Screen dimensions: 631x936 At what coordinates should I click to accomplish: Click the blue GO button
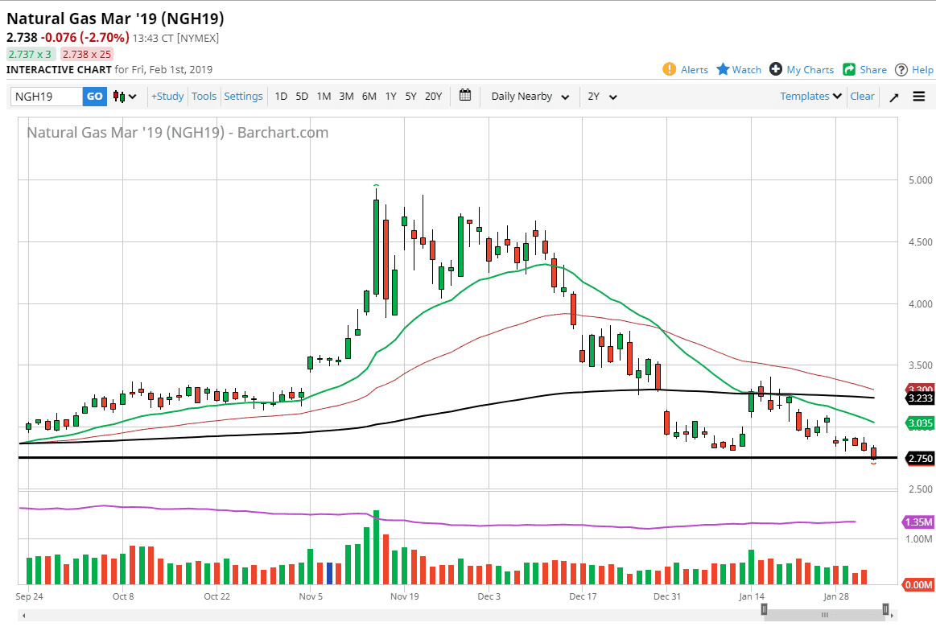click(x=94, y=97)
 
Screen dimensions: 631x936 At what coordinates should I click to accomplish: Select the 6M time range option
click(x=369, y=97)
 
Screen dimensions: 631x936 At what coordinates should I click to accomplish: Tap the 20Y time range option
click(x=433, y=97)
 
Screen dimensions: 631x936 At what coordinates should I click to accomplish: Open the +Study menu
click(x=167, y=97)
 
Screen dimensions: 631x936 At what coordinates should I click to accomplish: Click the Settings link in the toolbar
click(x=243, y=97)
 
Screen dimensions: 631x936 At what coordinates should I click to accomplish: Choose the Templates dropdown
click(x=810, y=97)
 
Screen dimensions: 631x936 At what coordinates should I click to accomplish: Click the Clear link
click(x=862, y=97)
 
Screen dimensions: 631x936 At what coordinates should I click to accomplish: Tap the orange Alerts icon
click(x=670, y=69)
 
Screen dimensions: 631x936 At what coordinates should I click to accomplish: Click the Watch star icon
click(x=723, y=69)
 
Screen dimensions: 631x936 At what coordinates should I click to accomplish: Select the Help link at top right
click(x=913, y=70)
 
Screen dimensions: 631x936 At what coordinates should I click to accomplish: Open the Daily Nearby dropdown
click(x=530, y=97)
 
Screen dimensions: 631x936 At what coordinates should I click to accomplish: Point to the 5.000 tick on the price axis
click(x=918, y=179)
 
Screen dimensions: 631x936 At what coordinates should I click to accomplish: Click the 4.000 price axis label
click(x=918, y=303)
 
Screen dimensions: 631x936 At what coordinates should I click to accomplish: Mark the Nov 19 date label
click(x=404, y=596)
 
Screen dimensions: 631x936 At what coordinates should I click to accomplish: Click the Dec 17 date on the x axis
click(x=582, y=596)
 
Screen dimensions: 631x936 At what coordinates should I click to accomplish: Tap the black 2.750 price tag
click(x=919, y=459)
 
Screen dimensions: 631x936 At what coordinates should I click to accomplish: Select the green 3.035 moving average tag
click(x=919, y=423)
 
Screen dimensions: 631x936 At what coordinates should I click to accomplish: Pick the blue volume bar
click(x=329, y=573)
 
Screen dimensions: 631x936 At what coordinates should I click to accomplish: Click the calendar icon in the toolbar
click(x=465, y=96)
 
